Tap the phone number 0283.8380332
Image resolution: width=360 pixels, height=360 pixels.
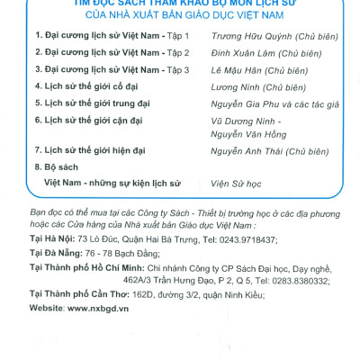296,280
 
